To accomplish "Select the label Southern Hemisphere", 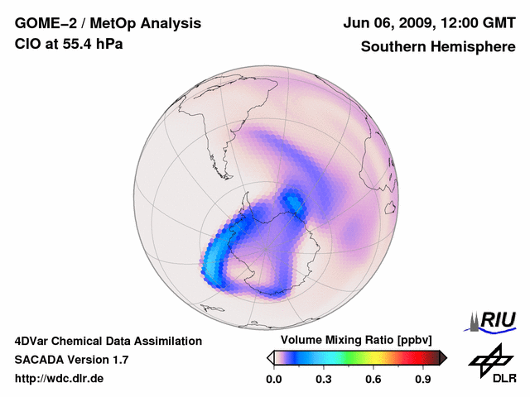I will click(x=438, y=46).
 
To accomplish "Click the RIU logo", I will click(x=494, y=320).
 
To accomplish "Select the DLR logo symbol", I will click(x=489, y=358).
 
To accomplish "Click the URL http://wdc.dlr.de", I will click(x=60, y=379).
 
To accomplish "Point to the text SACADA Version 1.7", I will click(x=71, y=360).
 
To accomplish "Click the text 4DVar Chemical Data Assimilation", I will click(x=108, y=341).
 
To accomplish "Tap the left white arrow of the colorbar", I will click(x=270, y=357).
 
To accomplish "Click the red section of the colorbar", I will click(x=410, y=357).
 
